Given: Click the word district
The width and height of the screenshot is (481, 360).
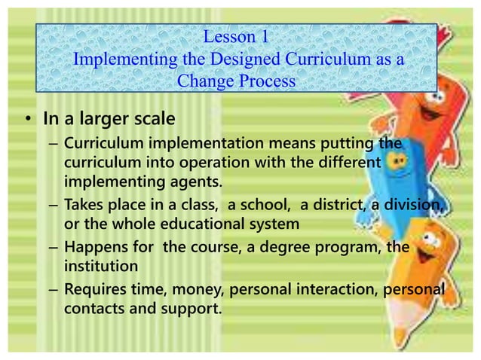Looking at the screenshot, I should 340,206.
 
